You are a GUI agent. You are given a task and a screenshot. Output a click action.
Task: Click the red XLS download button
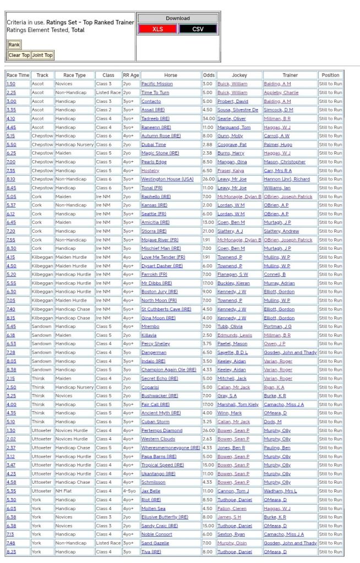coord(157,29)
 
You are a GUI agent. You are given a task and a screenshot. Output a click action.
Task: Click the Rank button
coord(14,45)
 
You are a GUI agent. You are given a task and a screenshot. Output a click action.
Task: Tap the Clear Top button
coord(19,55)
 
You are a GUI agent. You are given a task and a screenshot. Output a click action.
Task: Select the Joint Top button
coord(42,55)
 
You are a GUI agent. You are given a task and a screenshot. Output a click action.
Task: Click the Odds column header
coord(209,75)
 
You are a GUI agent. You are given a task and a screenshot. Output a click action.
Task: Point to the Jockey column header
coord(239,75)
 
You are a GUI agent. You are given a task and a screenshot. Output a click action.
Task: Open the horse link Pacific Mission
coord(157,84)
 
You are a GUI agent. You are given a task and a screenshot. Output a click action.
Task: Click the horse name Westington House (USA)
coord(167,179)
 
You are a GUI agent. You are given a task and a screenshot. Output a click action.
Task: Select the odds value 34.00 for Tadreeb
coord(209,118)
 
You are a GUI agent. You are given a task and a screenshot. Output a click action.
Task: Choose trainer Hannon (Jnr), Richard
coord(286,179)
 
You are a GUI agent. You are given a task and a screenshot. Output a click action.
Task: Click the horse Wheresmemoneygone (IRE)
coord(171,447)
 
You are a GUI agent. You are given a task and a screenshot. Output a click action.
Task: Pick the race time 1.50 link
coord(10,84)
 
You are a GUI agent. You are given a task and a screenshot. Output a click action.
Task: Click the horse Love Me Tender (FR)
coord(163,257)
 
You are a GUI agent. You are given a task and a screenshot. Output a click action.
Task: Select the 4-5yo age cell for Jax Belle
coord(130,491)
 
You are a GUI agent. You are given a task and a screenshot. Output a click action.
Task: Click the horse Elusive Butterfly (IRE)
coord(165,517)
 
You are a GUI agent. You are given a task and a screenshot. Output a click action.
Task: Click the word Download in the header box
coord(178,18)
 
